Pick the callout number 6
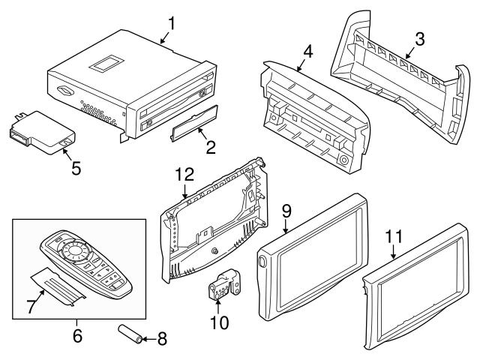76,336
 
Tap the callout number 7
31,306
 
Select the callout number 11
394,238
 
